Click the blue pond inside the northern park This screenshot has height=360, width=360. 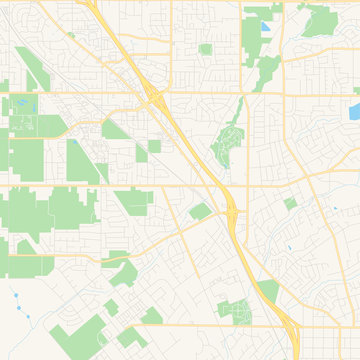coord(266,29)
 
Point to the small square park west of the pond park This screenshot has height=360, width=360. coord(205,48)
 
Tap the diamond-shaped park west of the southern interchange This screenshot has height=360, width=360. coord(200,211)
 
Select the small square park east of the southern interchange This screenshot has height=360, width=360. coord(290,203)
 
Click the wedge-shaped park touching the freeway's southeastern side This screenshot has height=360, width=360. coord(268,291)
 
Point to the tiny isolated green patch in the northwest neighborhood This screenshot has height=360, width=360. coord(71,35)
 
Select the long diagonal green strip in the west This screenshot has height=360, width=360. coord(29,68)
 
